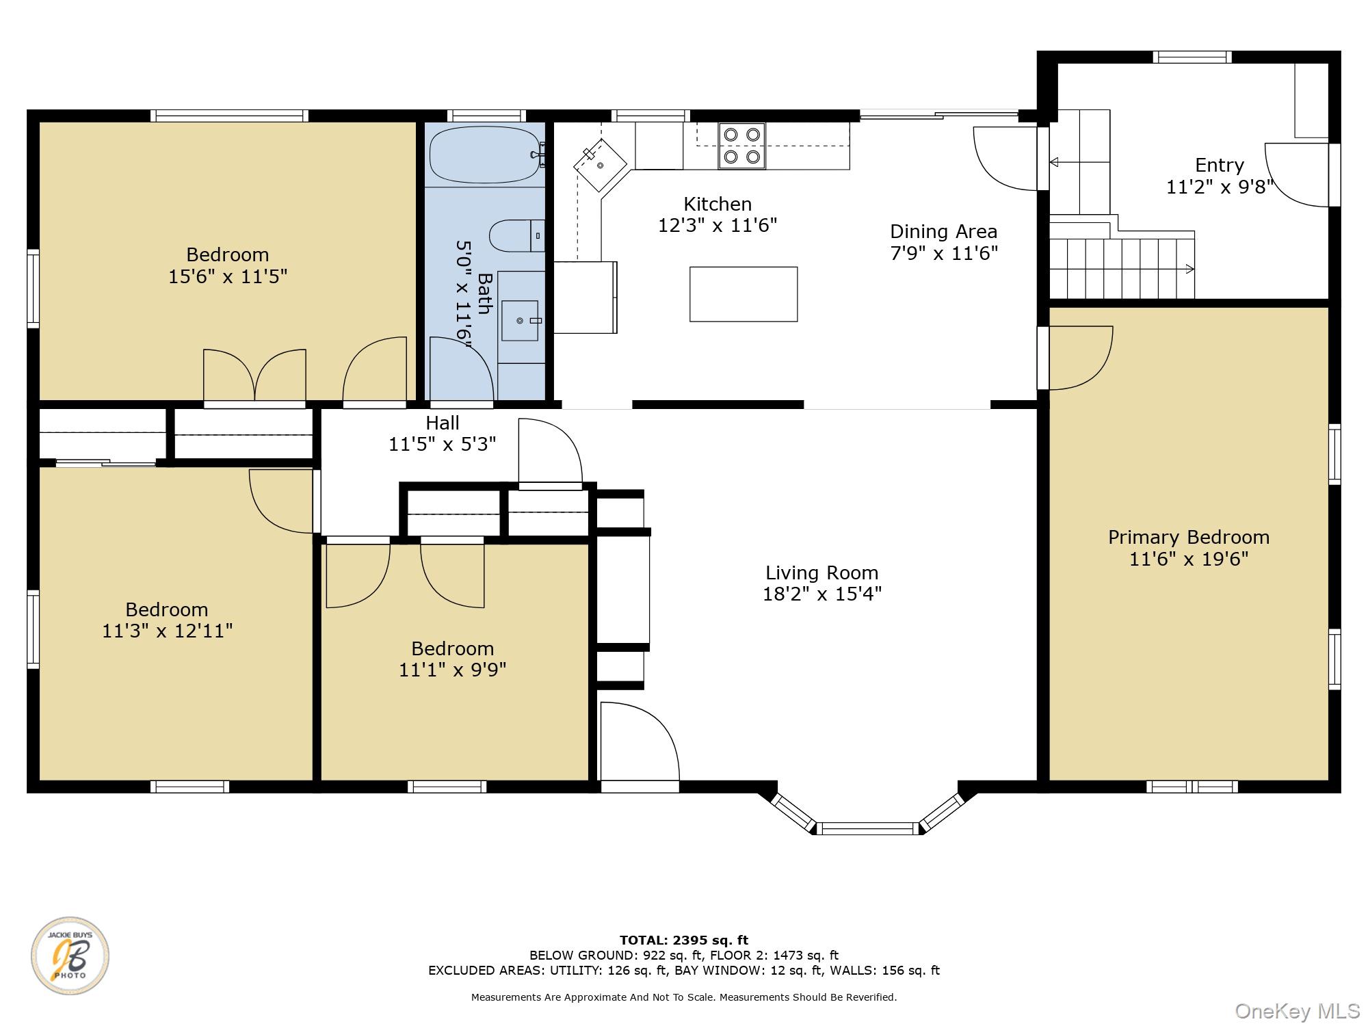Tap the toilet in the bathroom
(x=516, y=235)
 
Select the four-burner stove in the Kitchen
(x=741, y=146)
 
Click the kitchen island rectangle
(x=744, y=294)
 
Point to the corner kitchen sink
(x=601, y=165)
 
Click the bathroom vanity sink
(x=520, y=320)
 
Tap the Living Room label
(x=821, y=573)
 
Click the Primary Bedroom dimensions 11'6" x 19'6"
(x=1189, y=559)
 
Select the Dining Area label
(x=944, y=231)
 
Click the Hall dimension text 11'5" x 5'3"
(x=443, y=445)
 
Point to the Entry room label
(x=1220, y=165)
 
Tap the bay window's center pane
(x=868, y=828)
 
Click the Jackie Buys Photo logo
(x=70, y=956)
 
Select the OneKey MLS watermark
(x=1298, y=1010)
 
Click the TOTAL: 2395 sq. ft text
(x=684, y=940)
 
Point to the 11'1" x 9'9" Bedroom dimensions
(x=453, y=670)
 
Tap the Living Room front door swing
(x=640, y=741)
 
